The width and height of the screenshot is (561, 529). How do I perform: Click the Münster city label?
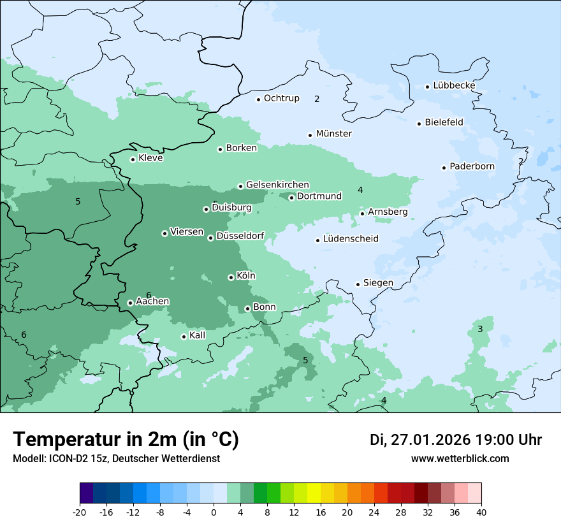333,134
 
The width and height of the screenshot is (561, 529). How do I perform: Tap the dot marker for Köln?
231,277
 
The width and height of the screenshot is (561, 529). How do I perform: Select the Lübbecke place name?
454,85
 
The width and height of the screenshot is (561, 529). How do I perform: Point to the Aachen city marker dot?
130,303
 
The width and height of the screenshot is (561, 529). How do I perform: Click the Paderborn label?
472,166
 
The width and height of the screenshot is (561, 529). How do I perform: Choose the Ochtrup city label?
281,98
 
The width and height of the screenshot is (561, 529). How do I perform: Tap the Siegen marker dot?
358,284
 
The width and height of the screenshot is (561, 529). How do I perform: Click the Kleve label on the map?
150,158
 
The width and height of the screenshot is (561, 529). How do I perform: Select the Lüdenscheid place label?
351,239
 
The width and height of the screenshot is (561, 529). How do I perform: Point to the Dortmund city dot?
291,198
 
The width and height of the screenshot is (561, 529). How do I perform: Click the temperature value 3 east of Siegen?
480,329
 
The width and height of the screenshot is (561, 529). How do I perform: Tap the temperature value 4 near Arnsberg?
360,190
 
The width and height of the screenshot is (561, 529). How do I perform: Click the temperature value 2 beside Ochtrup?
317,99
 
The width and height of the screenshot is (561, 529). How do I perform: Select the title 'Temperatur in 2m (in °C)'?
126,440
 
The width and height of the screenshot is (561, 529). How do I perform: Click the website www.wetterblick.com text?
460,458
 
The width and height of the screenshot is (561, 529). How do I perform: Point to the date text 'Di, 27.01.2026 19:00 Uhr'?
456,440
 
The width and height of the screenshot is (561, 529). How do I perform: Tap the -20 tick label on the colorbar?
80,512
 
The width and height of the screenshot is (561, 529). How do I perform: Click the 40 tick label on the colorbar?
481,512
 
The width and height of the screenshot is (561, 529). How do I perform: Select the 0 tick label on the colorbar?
214,512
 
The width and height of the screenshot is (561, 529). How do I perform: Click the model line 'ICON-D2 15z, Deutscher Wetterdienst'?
116,458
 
